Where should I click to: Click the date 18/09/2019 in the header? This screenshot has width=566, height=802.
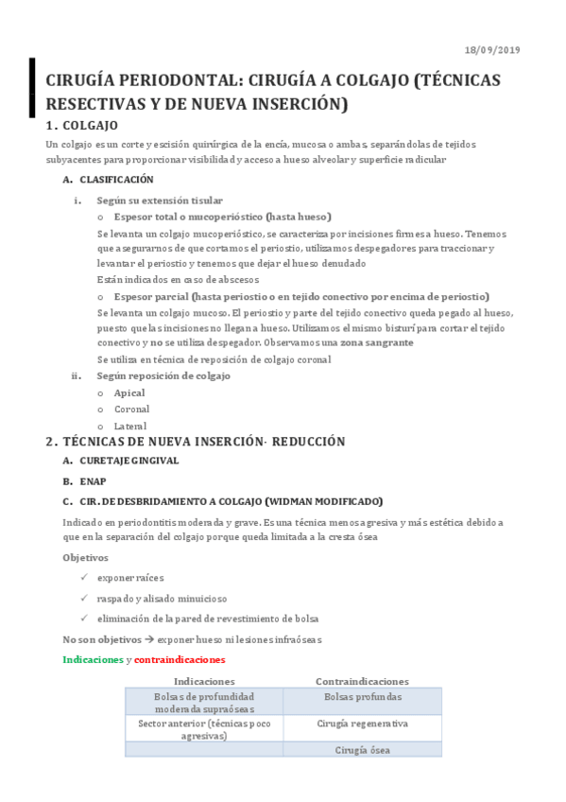(493, 50)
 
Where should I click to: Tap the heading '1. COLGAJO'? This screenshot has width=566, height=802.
(81, 126)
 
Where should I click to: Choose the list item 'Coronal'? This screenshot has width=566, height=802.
(131, 410)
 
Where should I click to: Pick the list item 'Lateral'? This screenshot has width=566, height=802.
(130, 427)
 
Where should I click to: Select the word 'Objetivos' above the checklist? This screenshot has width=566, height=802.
(84, 558)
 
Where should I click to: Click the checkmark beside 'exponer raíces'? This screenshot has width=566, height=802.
(84, 579)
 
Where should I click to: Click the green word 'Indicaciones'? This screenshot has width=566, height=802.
(93, 659)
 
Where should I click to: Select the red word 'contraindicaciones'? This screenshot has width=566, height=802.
(180, 659)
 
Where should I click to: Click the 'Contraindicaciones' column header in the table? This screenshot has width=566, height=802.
(362, 681)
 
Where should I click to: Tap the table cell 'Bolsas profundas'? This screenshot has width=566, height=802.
(362, 698)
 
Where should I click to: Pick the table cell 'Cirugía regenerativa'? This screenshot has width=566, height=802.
(362, 724)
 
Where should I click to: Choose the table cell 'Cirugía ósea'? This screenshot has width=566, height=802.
(362, 750)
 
